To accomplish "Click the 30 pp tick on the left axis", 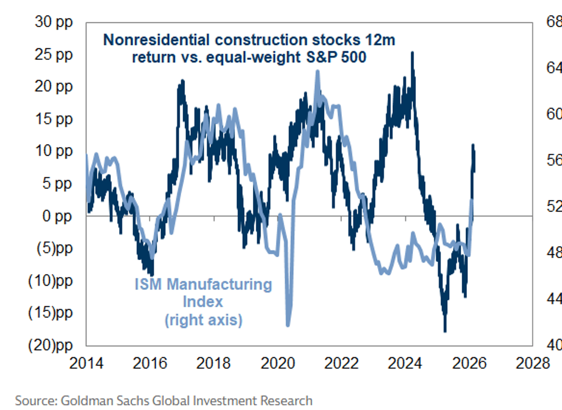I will point(54,22).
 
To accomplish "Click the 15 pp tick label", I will point(54,119).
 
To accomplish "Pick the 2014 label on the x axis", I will point(87,363).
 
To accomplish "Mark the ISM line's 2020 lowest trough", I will point(288,325).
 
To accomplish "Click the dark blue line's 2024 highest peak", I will point(412,52).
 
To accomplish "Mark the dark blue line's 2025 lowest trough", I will point(444,331).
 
